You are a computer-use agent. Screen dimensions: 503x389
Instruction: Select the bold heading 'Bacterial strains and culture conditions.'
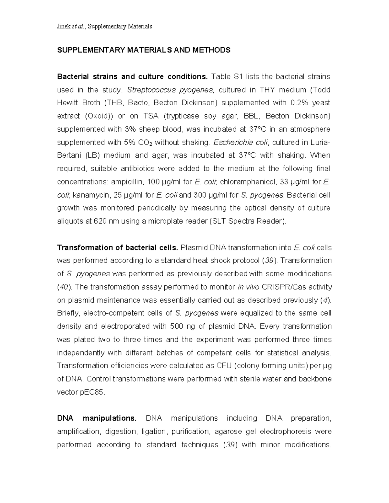pyautogui.click(x=132, y=77)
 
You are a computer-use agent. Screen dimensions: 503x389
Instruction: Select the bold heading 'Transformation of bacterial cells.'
pyautogui.click(x=117, y=248)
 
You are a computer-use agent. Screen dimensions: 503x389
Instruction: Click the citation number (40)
pyautogui.click(x=62, y=287)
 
